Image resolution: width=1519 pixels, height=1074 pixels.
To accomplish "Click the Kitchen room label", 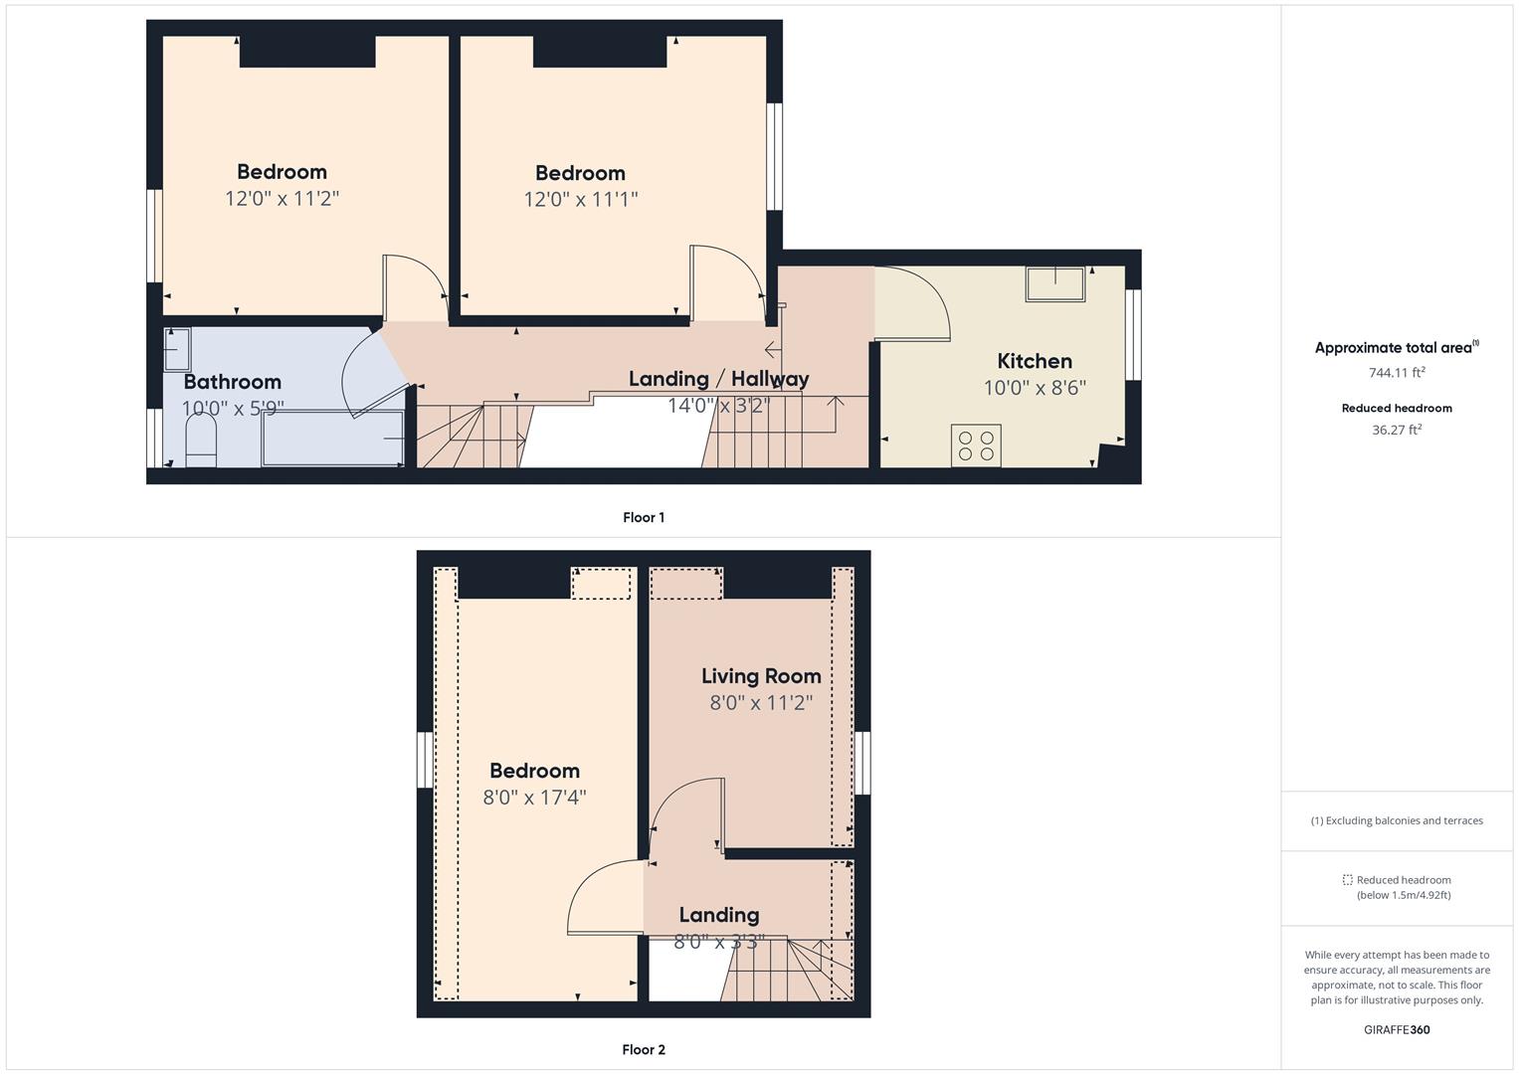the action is (x=1035, y=361).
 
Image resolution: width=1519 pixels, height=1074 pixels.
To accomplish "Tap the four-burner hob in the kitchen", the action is (x=976, y=446).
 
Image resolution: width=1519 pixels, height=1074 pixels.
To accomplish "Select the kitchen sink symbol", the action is (x=1055, y=284).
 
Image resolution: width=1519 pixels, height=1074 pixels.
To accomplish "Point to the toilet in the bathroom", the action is (x=201, y=440).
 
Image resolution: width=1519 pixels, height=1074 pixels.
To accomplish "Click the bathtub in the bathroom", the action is (x=333, y=438).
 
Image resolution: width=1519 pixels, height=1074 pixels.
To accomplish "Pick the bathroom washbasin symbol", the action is (x=177, y=349).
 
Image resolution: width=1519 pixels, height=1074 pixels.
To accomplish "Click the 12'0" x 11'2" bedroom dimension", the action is (x=283, y=199).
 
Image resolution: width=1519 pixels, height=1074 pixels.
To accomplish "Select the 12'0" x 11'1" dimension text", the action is (x=581, y=199).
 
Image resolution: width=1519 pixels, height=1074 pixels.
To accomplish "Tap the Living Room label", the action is (x=761, y=676).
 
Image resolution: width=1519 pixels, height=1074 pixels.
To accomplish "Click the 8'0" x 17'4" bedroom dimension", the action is (x=534, y=798).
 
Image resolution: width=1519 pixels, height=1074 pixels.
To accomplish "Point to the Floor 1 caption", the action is (x=644, y=517).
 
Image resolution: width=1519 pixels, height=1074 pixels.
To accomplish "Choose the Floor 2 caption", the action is (x=644, y=1049).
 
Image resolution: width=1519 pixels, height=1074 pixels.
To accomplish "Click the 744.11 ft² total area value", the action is (x=1397, y=372).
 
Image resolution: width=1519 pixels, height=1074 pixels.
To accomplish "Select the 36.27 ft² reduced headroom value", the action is (x=1397, y=430).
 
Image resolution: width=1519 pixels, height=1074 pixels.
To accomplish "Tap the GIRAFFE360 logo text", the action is (x=1397, y=1030).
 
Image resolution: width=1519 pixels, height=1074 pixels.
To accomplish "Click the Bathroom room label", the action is (x=233, y=382).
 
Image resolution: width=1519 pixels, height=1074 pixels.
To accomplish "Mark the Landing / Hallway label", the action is (x=719, y=378).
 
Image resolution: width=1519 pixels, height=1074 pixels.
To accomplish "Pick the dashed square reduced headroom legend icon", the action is (x=1348, y=880).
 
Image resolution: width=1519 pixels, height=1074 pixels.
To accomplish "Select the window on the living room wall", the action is (x=861, y=763).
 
